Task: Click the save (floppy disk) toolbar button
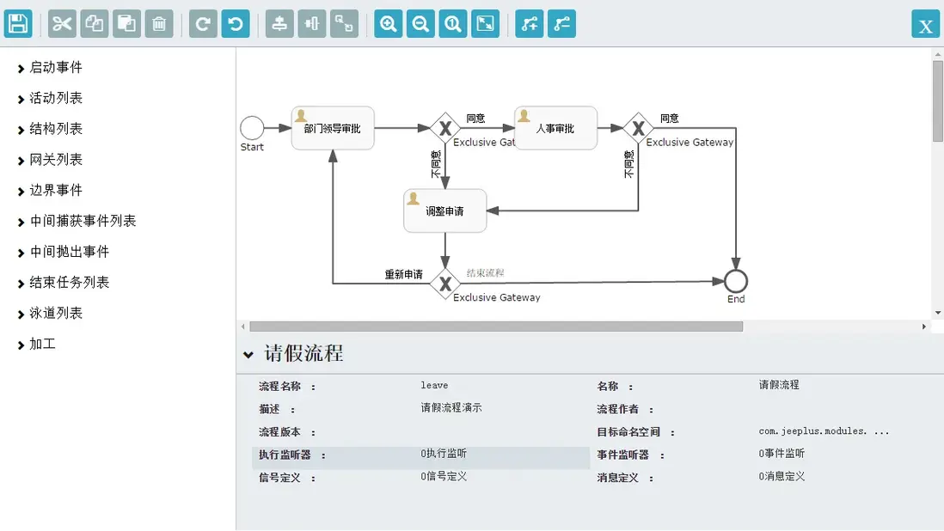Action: tap(18, 24)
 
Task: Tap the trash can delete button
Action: tap(159, 24)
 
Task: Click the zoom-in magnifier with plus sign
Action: tap(389, 24)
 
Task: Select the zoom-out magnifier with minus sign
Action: tap(420, 24)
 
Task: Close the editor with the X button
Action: tap(925, 25)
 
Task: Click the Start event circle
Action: tap(252, 128)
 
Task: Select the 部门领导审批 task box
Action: tap(333, 128)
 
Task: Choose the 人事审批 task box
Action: tap(555, 128)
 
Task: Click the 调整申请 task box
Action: tap(444, 211)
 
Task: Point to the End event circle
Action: tap(736, 281)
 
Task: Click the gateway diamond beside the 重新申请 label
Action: tap(444, 284)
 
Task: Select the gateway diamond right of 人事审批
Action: tap(638, 128)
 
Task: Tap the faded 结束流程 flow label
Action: tap(485, 273)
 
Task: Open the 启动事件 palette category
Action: tap(55, 67)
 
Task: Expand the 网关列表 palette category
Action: tap(55, 159)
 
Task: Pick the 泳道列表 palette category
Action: tap(55, 314)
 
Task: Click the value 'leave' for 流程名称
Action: tap(434, 386)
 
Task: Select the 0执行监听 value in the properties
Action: tap(444, 454)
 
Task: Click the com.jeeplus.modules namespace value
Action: tap(824, 431)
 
